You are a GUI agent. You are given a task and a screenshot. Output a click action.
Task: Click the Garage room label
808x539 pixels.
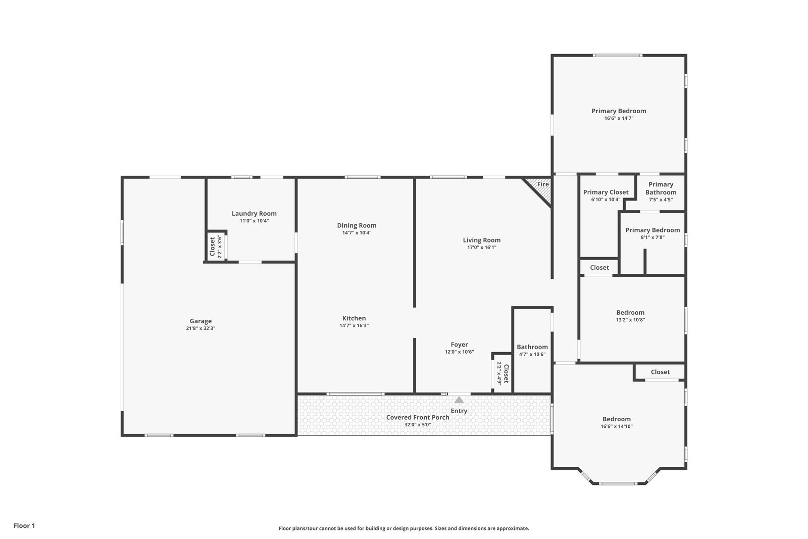click(x=200, y=321)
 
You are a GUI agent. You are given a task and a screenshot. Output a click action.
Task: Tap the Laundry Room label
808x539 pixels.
click(x=254, y=213)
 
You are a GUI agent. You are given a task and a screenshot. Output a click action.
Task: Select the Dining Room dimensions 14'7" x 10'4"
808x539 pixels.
click(x=357, y=233)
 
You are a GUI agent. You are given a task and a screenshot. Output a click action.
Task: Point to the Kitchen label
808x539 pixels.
click(x=354, y=318)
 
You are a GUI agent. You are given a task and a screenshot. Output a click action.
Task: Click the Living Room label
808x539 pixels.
click(x=482, y=240)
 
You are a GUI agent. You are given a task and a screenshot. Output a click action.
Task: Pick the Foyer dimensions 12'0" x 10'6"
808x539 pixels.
click(x=459, y=352)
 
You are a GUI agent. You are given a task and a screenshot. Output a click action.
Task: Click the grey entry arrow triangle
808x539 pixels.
click(x=459, y=400)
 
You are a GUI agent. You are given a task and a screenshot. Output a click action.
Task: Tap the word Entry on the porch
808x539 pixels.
click(x=459, y=411)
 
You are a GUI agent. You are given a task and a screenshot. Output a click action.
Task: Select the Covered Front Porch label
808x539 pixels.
click(x=418, y=417)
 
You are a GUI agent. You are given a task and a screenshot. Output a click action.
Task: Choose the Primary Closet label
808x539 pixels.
click(x=605, y=192)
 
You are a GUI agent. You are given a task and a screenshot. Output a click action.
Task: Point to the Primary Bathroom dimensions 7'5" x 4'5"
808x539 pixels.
click(x=661, y=200)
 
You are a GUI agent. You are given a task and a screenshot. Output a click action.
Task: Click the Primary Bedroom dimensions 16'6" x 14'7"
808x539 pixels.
click(x=619, y=118)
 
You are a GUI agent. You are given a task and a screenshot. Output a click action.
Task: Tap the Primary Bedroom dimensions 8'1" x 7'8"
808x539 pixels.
click(x=652, y=237)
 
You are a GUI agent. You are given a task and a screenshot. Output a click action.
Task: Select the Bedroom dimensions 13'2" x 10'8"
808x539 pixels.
click(x=630, y=320)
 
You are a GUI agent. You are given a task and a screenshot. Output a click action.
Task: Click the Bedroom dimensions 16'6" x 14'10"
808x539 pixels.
click(x=617, y=426)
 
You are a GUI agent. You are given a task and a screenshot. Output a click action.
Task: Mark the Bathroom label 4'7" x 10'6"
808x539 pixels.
click(x=532, y=347)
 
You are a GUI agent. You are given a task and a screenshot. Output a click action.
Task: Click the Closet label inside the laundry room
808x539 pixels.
click(x=212, y=247)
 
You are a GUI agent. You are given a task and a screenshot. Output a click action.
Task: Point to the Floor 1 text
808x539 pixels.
click(x=24, y=526)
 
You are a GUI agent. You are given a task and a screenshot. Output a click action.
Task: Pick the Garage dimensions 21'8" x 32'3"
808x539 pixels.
click(x=200, y=328)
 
